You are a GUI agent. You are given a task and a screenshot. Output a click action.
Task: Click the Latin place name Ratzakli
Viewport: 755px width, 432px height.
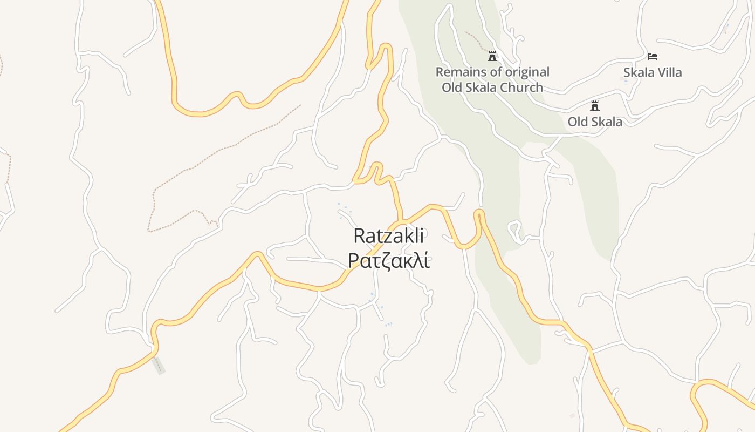(x=389, y=236)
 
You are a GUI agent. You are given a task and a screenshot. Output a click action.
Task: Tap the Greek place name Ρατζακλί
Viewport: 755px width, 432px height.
(x=389, y=260)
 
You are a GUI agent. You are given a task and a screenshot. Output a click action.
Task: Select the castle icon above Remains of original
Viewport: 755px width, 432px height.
(x=492, y=56)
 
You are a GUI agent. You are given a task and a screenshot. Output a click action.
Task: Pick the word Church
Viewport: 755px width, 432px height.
(x=521, y=87)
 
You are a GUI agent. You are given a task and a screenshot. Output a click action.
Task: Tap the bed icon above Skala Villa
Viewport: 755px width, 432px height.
(x=653, y=56)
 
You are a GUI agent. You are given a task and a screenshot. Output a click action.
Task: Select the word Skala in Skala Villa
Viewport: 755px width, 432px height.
(x=639, y=72)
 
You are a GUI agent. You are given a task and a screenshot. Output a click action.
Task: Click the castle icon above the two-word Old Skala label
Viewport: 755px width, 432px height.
(x=595, y=105)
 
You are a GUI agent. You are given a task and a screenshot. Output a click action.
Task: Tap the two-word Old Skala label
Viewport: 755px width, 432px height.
(x=595, y=122)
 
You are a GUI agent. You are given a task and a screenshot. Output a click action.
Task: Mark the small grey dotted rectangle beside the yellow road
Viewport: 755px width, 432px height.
(x=158, y=366)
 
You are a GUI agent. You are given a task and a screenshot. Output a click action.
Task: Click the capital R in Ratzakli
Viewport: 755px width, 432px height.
(x=360, y=236)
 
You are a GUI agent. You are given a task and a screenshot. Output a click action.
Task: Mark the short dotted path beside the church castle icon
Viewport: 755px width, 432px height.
(x=475, y=39)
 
